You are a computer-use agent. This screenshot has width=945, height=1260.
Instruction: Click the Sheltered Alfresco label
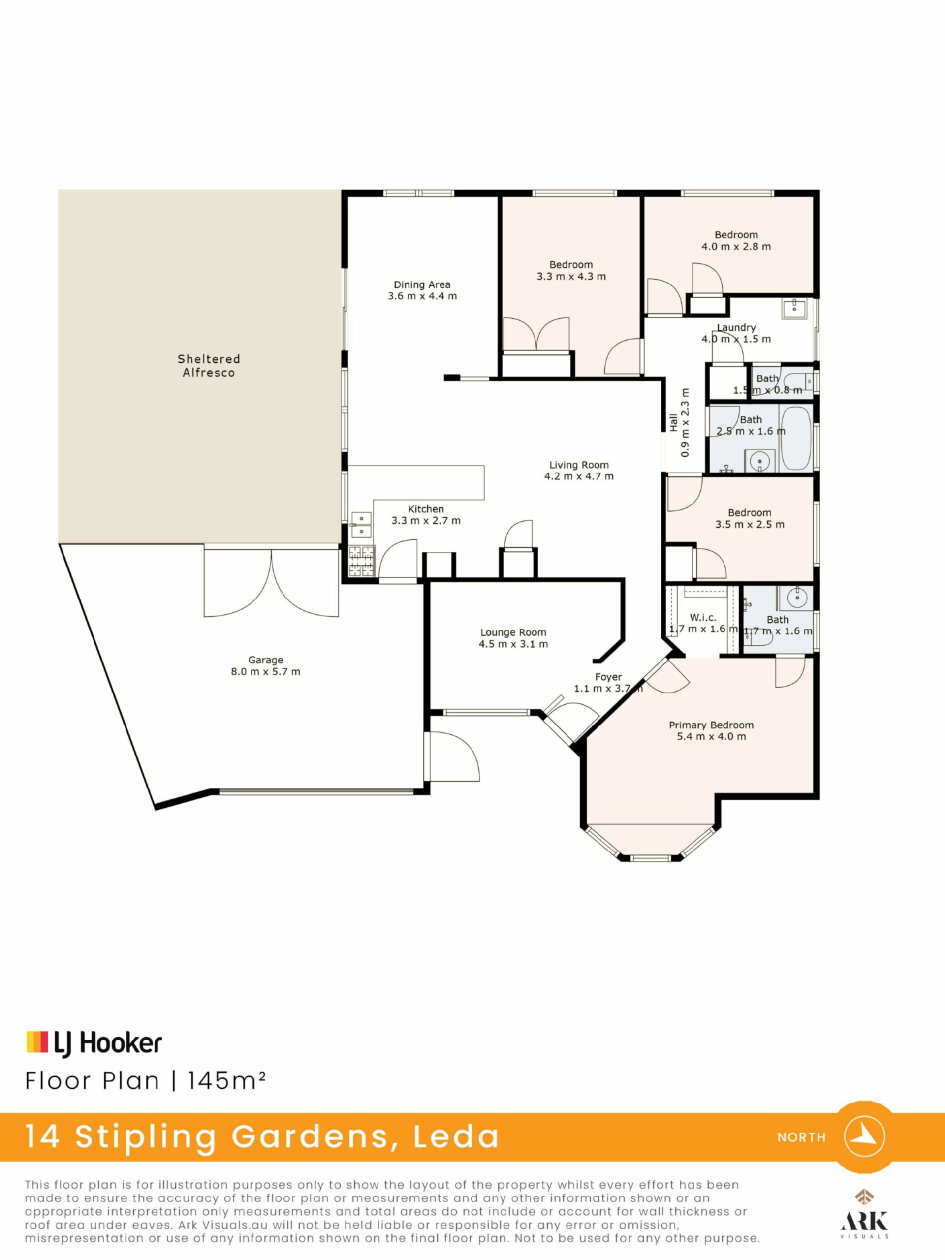point(209,366)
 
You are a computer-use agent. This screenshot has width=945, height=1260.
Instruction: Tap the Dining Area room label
point(422,284)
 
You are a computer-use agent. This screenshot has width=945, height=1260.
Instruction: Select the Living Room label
point(579,465)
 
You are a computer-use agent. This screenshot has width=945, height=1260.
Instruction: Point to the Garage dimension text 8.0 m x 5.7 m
point(265,671)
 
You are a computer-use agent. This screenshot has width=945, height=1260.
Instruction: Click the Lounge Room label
point(513,632)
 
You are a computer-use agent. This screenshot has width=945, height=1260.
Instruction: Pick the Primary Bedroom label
point(711,725)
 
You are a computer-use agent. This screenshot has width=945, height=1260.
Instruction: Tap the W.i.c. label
point(703,618)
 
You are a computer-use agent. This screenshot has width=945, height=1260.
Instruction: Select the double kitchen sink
point(361,525)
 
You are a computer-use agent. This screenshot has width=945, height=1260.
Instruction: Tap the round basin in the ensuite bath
point(796,598)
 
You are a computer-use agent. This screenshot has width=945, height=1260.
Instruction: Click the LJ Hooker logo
point(94,1042)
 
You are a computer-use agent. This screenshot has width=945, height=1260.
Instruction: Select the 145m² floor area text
point(227,1080)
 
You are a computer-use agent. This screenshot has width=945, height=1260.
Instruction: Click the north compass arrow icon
point(864,1136)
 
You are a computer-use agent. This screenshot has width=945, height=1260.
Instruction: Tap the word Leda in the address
point(456,1136)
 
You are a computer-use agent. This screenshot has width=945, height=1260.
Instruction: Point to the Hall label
point(673,423)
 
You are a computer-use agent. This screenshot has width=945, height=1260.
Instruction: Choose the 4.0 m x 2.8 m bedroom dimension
point(736,247)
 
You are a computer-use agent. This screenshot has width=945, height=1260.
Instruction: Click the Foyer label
point(608,677)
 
